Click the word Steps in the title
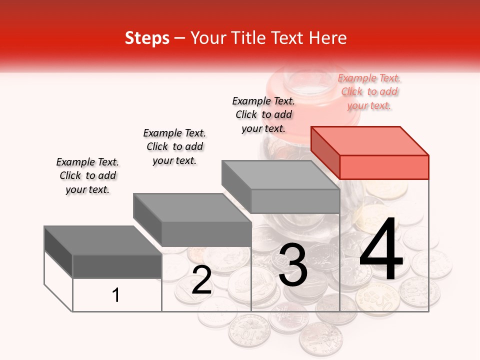point(147,38)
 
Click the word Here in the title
point(328,38)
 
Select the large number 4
point(381,250)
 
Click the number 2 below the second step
point(201,280)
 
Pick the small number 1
point(116,295)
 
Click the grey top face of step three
point(280,174)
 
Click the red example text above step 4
point(369,92)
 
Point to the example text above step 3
point(263,114)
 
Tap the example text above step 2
point(174,146)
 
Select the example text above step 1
point(87,175)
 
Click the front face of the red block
point(384,167)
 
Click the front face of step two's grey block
point(206,234)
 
